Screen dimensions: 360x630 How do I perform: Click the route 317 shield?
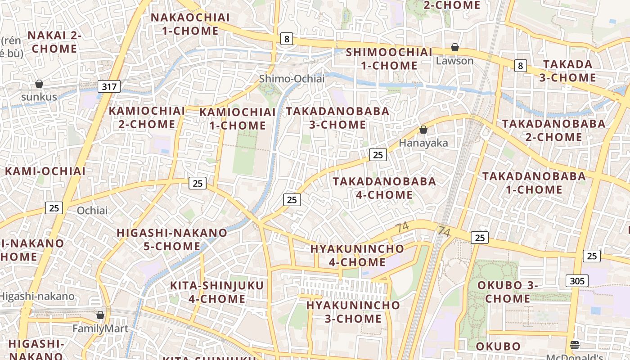click(109, 86)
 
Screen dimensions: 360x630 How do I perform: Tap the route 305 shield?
click(577, 281)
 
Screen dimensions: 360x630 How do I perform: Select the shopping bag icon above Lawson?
click(455, 47)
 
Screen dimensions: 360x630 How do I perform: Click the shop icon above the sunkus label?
click(39, 84)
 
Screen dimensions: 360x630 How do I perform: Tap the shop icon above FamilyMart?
click(100, 315)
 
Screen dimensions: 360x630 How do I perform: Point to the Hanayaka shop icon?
click(423, 130)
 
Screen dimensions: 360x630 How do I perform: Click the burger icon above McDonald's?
click(574, 345)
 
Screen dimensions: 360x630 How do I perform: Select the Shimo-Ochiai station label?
click(292, 79)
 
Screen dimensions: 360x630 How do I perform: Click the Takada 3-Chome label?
click(567, 71)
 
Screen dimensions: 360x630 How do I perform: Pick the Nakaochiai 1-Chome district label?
click(190, 24)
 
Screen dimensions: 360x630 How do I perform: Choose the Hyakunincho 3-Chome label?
click(353, 312)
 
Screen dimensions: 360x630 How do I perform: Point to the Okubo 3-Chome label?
click(508, 292)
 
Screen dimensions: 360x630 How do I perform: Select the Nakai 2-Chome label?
click(54, 42)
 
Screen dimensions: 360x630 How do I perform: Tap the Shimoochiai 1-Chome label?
click(389, 59)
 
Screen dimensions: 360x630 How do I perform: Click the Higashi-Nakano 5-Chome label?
click(172, 239)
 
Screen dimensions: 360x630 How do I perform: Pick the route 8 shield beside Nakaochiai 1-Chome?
click(286, 39)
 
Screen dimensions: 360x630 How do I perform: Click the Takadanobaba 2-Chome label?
click(554, 130)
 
